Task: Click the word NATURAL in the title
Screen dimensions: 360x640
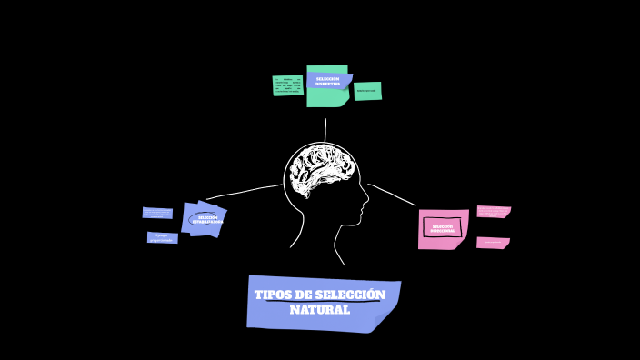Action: point(320,311)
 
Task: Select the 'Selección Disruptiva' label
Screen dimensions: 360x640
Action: point(327,81)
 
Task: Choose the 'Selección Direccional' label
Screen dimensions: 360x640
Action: point(443,228)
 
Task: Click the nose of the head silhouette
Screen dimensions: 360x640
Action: point(366,195)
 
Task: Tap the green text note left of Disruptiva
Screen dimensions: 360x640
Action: point(287,85)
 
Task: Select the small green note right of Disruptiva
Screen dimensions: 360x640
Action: point(367,91)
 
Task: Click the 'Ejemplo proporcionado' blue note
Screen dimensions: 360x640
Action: point(162,237)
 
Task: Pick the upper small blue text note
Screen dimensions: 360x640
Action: point(157,213)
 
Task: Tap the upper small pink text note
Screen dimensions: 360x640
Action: point(493,212)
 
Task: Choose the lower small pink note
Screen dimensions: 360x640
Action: point(492,243)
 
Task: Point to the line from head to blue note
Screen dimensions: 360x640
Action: point(241,192)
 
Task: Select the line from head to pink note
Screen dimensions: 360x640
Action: point(393,194)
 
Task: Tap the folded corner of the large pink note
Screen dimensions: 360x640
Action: point(459,242)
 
